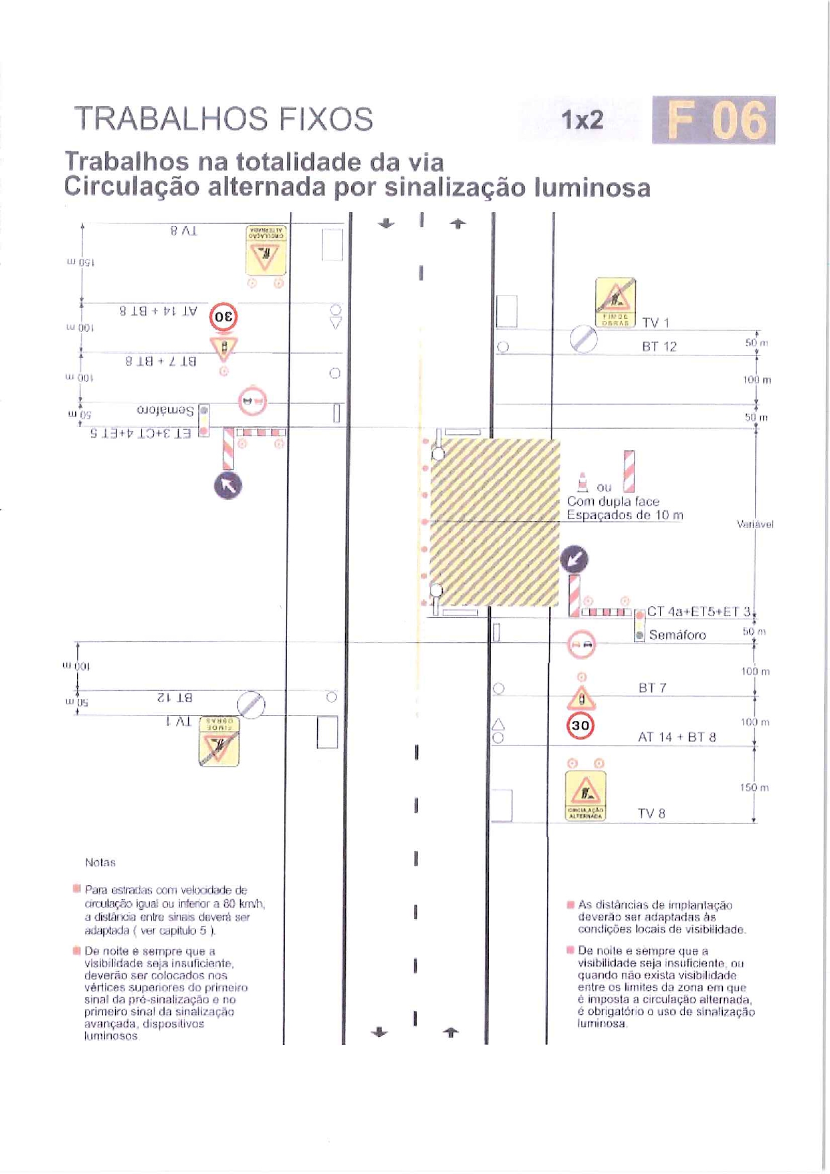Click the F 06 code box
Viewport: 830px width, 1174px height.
[713, 120]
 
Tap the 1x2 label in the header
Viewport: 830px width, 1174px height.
[582, 120]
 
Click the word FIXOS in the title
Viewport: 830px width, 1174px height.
[326, 119]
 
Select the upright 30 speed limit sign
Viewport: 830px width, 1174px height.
[580, 726]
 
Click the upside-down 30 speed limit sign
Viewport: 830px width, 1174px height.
[223, 316]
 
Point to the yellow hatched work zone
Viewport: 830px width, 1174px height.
[494, 522]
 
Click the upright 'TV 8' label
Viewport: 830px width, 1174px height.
[651, 813]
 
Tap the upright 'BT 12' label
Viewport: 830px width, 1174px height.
[659, 347]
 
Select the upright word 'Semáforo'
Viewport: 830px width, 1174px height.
[677, 635]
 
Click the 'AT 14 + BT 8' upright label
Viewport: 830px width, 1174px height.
[676, 737]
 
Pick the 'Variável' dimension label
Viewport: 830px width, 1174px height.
[754, 524]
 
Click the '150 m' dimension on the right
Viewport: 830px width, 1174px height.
[754, 788]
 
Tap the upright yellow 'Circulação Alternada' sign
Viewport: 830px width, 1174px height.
[585, 795]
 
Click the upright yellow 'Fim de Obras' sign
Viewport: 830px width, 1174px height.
[615, 302]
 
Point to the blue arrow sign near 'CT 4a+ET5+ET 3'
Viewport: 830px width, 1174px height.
[574, 559]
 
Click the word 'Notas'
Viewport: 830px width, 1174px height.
[100, 863]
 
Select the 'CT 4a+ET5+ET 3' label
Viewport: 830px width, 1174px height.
[699, 611]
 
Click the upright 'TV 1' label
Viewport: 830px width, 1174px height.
[655, 323]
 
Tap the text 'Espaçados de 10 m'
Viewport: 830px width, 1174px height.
[625, 515]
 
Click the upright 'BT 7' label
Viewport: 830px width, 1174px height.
[652, 688]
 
